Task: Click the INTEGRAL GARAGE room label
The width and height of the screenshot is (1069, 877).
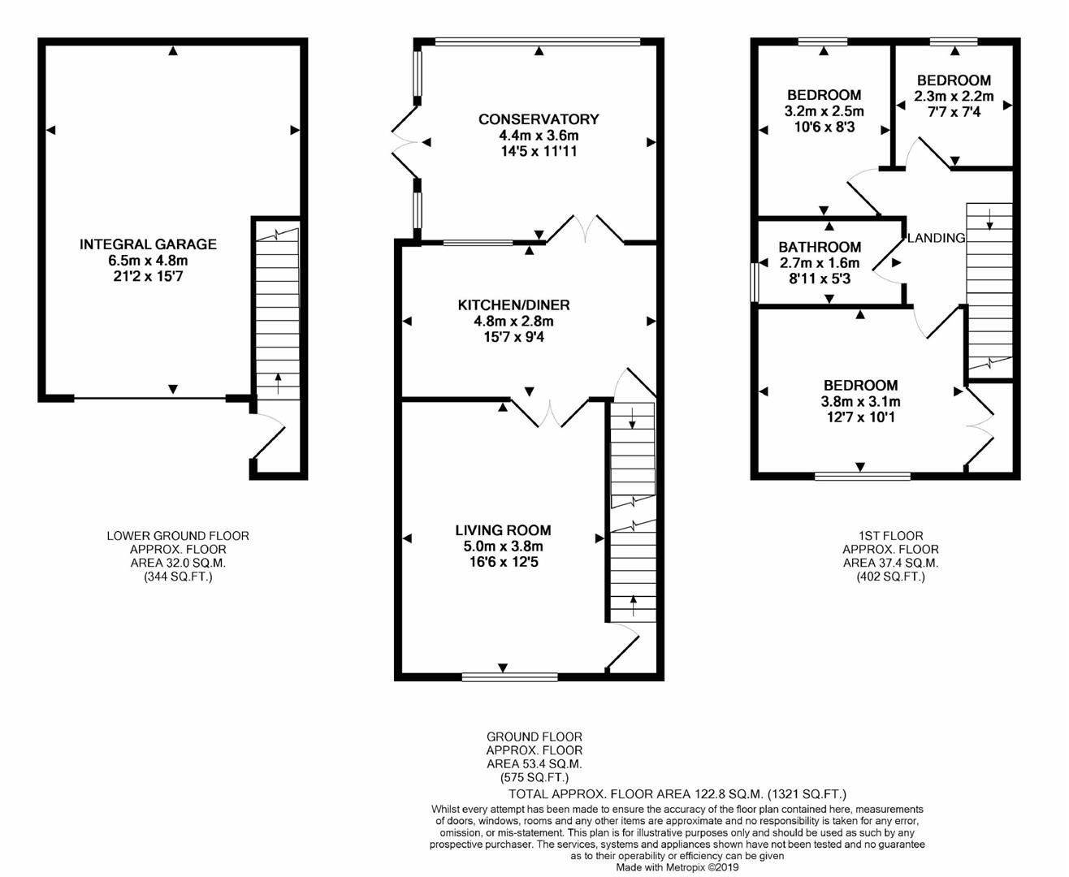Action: (x=148, y=244)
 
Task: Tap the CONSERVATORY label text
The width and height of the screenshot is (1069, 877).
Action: (x=538, y=119)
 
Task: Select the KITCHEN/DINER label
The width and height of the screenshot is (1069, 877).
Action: (x=513, y=305)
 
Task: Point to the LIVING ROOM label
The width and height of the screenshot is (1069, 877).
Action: (x=502, y=530)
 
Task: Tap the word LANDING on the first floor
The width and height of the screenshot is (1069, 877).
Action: (x=936, y=238)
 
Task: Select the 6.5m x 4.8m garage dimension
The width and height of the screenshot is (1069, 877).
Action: (x=148, y=260)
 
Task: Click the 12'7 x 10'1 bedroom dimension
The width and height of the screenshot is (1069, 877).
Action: (x=860, y=417)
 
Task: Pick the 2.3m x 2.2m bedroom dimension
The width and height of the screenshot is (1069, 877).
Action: (x=954, y=96)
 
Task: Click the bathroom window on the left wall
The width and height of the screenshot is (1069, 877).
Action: (x=754, y=282)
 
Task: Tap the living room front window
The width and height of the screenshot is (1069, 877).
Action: (x=510, y=676)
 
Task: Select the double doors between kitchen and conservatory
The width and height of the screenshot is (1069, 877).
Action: (x=585, y=230)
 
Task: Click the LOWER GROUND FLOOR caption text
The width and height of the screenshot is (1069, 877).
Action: (x=178, y=536)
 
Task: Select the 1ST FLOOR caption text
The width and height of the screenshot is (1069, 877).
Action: (x=890, y=536)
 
